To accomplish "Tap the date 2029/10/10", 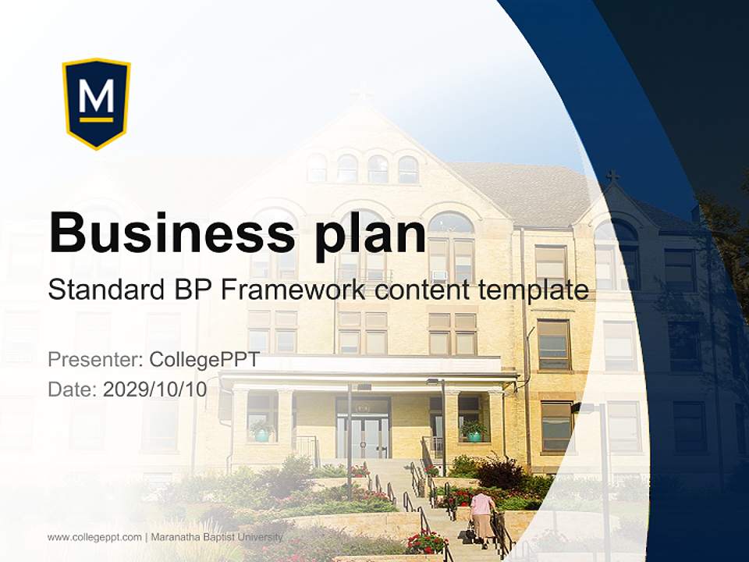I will [154, 389].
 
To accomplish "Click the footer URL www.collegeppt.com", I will [94, 537].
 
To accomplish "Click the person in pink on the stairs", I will [482, 514].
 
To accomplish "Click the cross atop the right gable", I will [613, 176].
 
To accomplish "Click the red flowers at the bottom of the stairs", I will [426, 541].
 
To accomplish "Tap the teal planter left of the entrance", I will [262, 432].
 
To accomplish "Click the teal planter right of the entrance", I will [474, 432].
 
